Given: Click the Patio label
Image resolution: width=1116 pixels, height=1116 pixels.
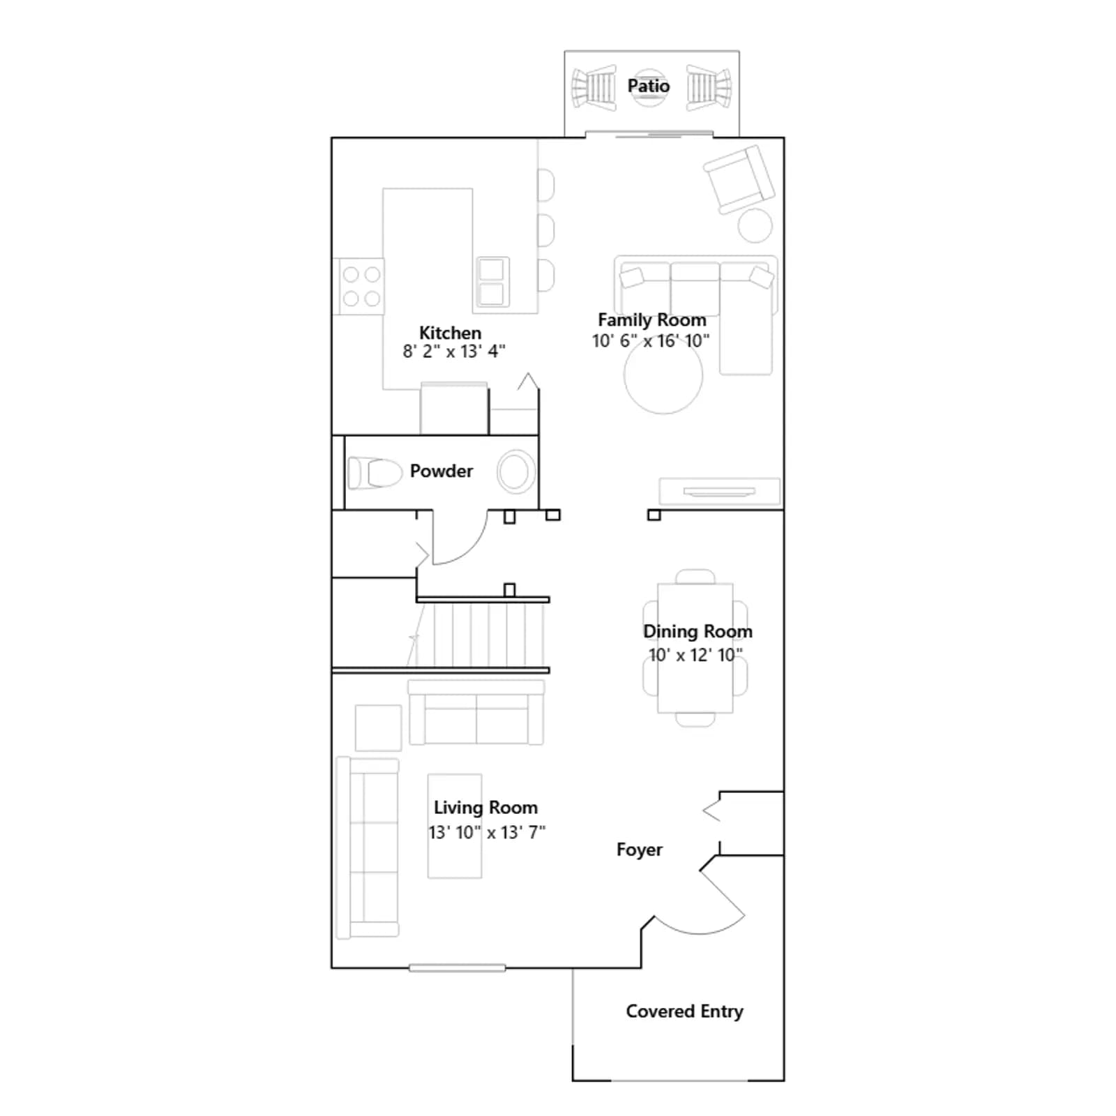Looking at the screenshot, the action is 648,86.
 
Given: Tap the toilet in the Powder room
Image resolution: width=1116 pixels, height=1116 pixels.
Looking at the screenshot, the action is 375,473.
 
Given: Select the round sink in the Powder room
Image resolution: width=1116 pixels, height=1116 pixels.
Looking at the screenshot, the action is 516,472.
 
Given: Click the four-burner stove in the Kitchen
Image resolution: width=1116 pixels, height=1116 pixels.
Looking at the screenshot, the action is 361,286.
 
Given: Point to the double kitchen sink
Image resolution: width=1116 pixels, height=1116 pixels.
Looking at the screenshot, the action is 492,281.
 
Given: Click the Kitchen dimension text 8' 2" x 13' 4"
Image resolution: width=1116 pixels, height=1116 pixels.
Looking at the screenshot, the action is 453,351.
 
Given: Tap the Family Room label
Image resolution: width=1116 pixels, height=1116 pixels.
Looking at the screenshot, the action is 651,320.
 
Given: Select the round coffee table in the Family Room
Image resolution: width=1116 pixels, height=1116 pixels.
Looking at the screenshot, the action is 663,377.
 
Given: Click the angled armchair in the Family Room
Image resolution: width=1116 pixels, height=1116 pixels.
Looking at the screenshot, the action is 739,179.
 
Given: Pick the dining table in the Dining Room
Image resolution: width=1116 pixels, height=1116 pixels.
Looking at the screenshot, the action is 695,648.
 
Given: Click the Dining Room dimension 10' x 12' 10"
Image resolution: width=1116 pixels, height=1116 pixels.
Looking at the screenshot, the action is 695,655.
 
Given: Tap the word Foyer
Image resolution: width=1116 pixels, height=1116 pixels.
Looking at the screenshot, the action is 640,850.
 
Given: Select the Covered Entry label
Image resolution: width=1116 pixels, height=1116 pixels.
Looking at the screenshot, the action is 684,1011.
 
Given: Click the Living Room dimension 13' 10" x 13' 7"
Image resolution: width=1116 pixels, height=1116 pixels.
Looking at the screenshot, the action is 487,832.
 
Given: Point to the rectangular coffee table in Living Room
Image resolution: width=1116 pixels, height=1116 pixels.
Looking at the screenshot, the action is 455,826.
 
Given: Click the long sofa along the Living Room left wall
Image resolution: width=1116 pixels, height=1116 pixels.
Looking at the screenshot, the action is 368,848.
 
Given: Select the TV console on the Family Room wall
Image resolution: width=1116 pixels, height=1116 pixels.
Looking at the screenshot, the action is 720,491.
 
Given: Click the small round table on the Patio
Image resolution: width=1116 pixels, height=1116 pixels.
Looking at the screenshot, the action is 649,88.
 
